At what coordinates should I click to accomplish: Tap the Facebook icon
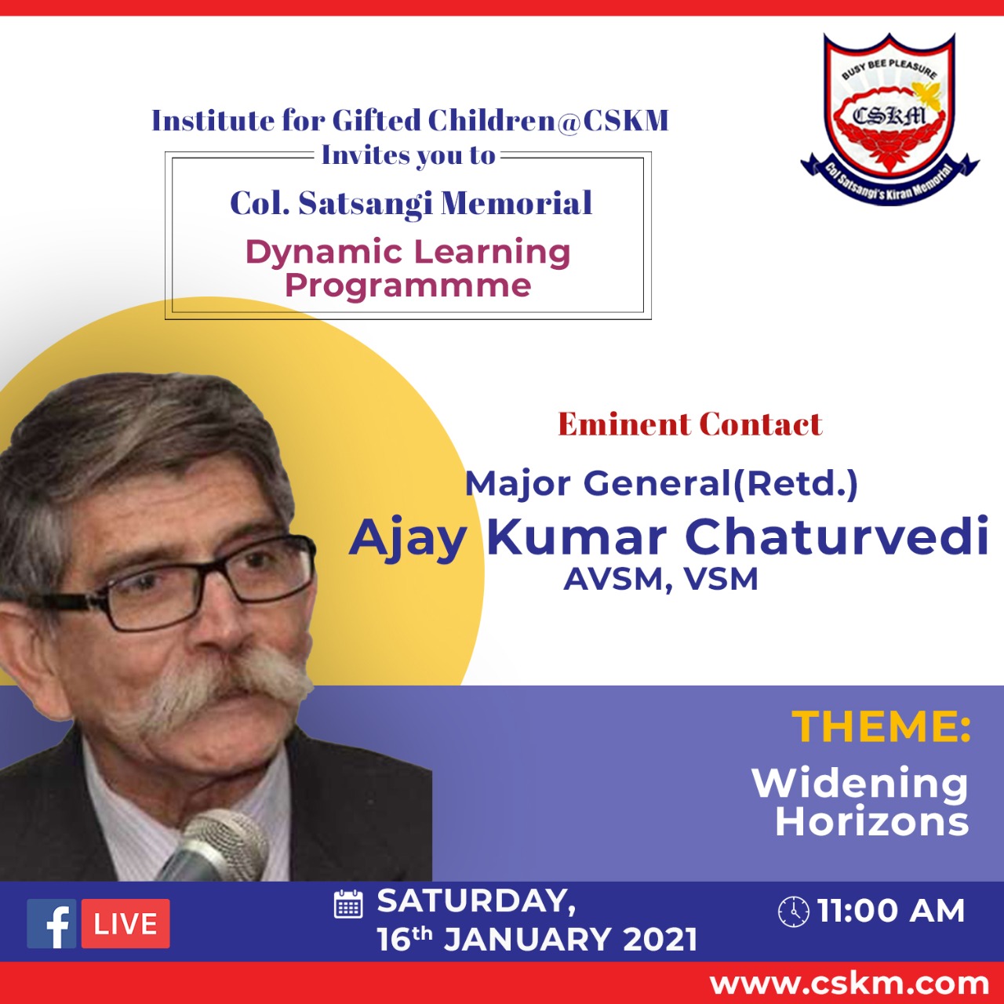pyautogui.click(x=52, y=923)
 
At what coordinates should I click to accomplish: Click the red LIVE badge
pyautogui.click(x=125, y=923)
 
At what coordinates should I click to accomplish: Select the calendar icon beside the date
pyautogui.click(x=348, y=904)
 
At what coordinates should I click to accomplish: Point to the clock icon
pyautogui.click(x=794, y=911)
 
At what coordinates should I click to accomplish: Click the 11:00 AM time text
pyautogui.click(x=891, y=911)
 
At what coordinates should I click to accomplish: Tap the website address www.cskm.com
pyautogui.click(x=849, y=984)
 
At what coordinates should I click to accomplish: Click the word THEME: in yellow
pyautogui.click(x=881, y=726)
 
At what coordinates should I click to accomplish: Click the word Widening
pyautogui.click(x=860, y=784)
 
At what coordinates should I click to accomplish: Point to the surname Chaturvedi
pyautogui.click(x=836, y=537)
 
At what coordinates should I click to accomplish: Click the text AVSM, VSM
pyautogui.click(x=660, y=579)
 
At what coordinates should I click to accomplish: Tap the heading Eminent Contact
pyautogui.click(x=689, y=424)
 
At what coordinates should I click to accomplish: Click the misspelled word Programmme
pyautogui.click(x=408, y=286)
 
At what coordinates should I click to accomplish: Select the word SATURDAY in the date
pyautogui.click(x=472, y=901)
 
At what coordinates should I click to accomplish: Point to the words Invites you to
pyautogui.click(x=408, y=155)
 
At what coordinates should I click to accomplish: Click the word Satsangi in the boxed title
pyautogui.click(x=367, y=204)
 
